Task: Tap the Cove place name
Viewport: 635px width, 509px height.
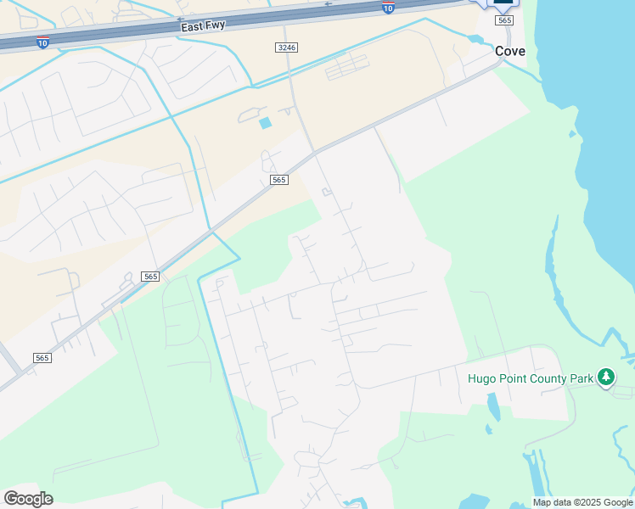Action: pyautogui.click(x=510, y=52)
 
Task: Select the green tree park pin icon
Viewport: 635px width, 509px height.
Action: pyautogui.click(x=605, y=377)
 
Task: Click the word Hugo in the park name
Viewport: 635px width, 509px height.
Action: pyautogui.click(x=483, y=378)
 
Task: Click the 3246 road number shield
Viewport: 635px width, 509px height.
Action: pyautogui.click(x=286, y=48)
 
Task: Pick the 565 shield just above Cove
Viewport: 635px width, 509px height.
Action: pyautogui.click(x=505, y=20)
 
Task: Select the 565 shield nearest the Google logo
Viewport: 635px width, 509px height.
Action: pyautogui.click(x=42, y=358)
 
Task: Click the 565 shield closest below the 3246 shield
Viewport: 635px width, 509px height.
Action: pyautogui.click(x=279, y=180)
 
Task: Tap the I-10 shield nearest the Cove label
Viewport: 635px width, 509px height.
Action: pyautogui.click(x=388, y=8)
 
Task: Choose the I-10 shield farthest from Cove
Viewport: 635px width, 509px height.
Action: pyautogui.click(x=42, y=42)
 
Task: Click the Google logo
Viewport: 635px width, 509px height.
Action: pyautogui.click(x=28, y=498)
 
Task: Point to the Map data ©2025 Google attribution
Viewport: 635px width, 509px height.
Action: pyautogui.click(x=582, y=502)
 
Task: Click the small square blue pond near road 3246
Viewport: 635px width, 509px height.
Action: pyautogui.click(x=266, y=123)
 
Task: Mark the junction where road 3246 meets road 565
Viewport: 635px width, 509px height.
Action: pyautogui.click(x=314, y=153)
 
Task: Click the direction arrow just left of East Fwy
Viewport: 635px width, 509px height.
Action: pyautogui.click(x=180, y=19)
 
